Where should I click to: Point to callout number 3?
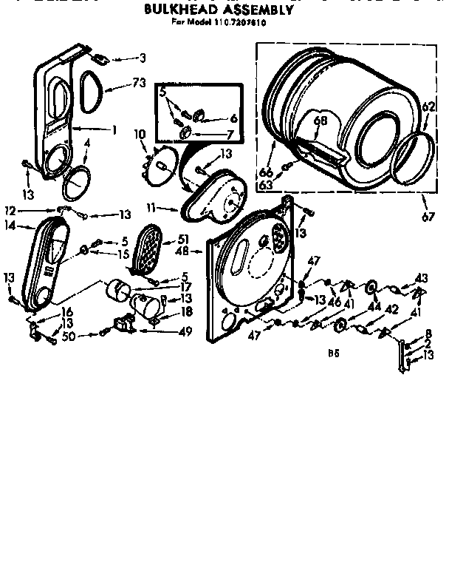point(142,57)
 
